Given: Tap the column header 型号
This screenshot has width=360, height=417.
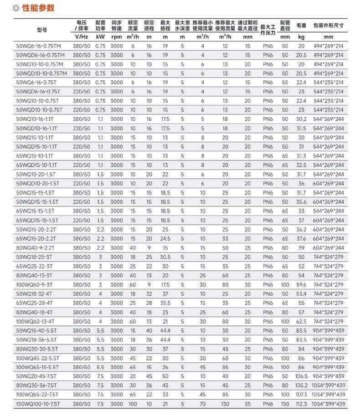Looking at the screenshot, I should (x=41, y=30).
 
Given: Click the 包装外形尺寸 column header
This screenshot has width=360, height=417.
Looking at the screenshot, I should (x=329, y=26).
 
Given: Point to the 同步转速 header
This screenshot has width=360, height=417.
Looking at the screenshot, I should (x=117, y=26).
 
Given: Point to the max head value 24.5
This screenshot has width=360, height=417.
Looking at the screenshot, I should (x=165, y=238).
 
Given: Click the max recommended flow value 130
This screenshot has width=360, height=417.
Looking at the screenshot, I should (x=225, y=404).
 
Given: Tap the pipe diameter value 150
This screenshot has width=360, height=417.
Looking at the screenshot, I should (x=285, y=404).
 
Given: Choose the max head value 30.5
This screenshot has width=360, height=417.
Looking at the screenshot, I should (x=165, y=257).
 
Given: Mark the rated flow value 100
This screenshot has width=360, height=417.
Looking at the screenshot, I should (x=133, y=404).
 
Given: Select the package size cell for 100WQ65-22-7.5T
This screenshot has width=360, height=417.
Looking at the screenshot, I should (x=329, y=395).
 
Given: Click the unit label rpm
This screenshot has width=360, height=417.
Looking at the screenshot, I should (x=117, y=37).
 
